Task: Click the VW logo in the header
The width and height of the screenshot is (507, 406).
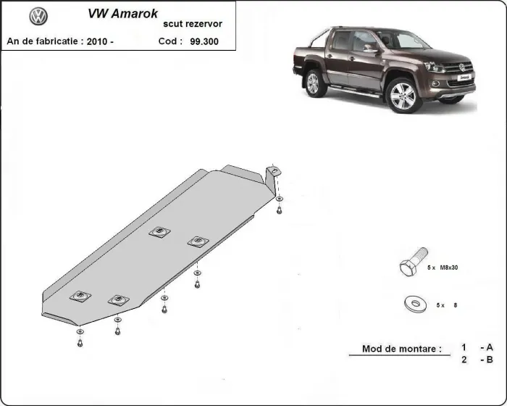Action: [x=39, y=17]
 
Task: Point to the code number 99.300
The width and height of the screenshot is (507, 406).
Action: [x=205, y=41]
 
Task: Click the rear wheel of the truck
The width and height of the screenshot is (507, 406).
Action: [x=314, y=83]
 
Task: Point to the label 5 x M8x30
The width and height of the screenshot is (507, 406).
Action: [x=443, y=268]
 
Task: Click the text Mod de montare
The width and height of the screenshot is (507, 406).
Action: [x=401, y=349]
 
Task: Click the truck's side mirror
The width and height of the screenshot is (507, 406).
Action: [x=372, y=50]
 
